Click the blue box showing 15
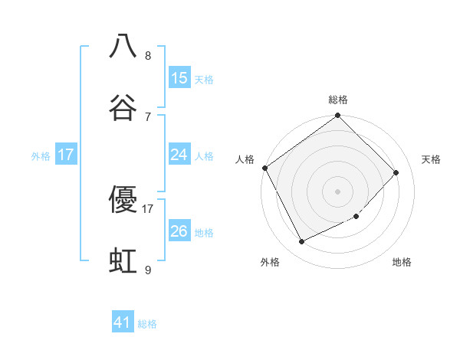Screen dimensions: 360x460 pos(179,78)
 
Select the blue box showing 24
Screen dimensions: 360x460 pos(179,155)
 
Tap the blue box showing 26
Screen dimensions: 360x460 pos(179,231)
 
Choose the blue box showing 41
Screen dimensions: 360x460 pos(123,323)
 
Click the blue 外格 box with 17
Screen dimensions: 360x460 pos(66,155)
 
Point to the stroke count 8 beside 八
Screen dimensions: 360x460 pos(148,56)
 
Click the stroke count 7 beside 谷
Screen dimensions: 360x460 pos(148,116)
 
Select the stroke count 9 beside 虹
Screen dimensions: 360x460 pos(148,270)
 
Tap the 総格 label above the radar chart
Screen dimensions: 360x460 pos(338,100)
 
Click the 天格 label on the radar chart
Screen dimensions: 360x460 pos(431,159)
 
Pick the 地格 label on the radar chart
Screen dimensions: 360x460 pos(402,262)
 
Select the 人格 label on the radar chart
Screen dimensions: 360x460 pos(245,159)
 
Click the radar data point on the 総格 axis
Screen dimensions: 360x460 pos(338,116)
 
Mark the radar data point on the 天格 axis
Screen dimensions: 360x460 pos(396,172)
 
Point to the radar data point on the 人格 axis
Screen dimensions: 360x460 pos(264,168)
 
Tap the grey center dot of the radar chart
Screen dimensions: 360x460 pos(338,191)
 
